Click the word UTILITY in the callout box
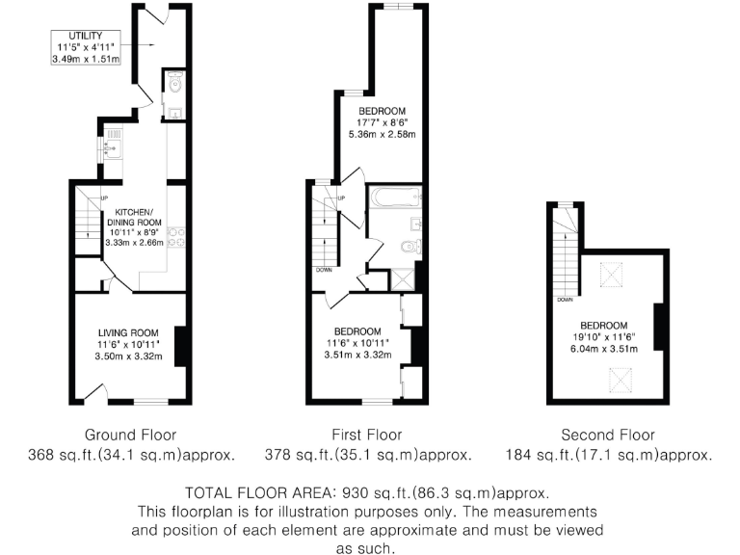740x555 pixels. (86, 36)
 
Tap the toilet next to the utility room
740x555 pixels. (173, 86)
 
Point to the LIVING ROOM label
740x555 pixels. (127, 332)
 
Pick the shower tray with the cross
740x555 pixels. (398, 279)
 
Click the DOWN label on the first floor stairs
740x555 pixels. (323, 270)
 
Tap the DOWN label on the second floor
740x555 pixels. (565, 299)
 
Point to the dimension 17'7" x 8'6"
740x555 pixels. (382, 122)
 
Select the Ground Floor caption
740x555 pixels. (131, 435)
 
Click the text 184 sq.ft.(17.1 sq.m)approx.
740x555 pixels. (608, 455)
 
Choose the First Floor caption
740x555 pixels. (368, 435)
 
